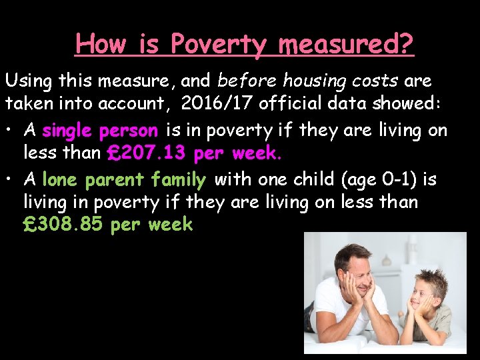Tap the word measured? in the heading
(346, 45)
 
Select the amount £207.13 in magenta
(147, 154)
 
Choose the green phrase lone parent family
(124, 179)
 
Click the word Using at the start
(29, 81)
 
